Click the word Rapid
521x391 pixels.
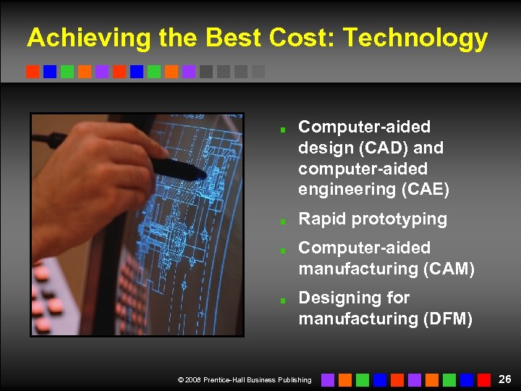click(321, 219)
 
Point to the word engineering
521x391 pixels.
click(344, 190)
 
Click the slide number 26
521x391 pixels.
click(505, 379)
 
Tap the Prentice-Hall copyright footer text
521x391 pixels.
click(245, 379)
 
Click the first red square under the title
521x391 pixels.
click(33, 72)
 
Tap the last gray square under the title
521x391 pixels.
click(258, 72)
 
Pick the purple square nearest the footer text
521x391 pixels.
click(328, 379)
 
